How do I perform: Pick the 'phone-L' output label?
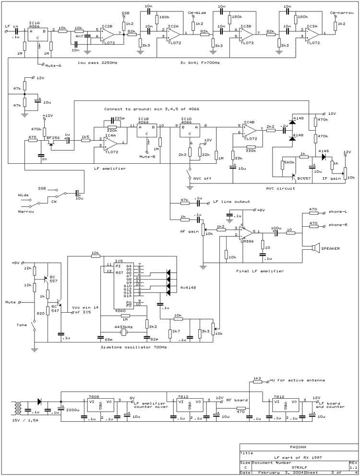[338, 212]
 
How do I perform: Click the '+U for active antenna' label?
[298, 380]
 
